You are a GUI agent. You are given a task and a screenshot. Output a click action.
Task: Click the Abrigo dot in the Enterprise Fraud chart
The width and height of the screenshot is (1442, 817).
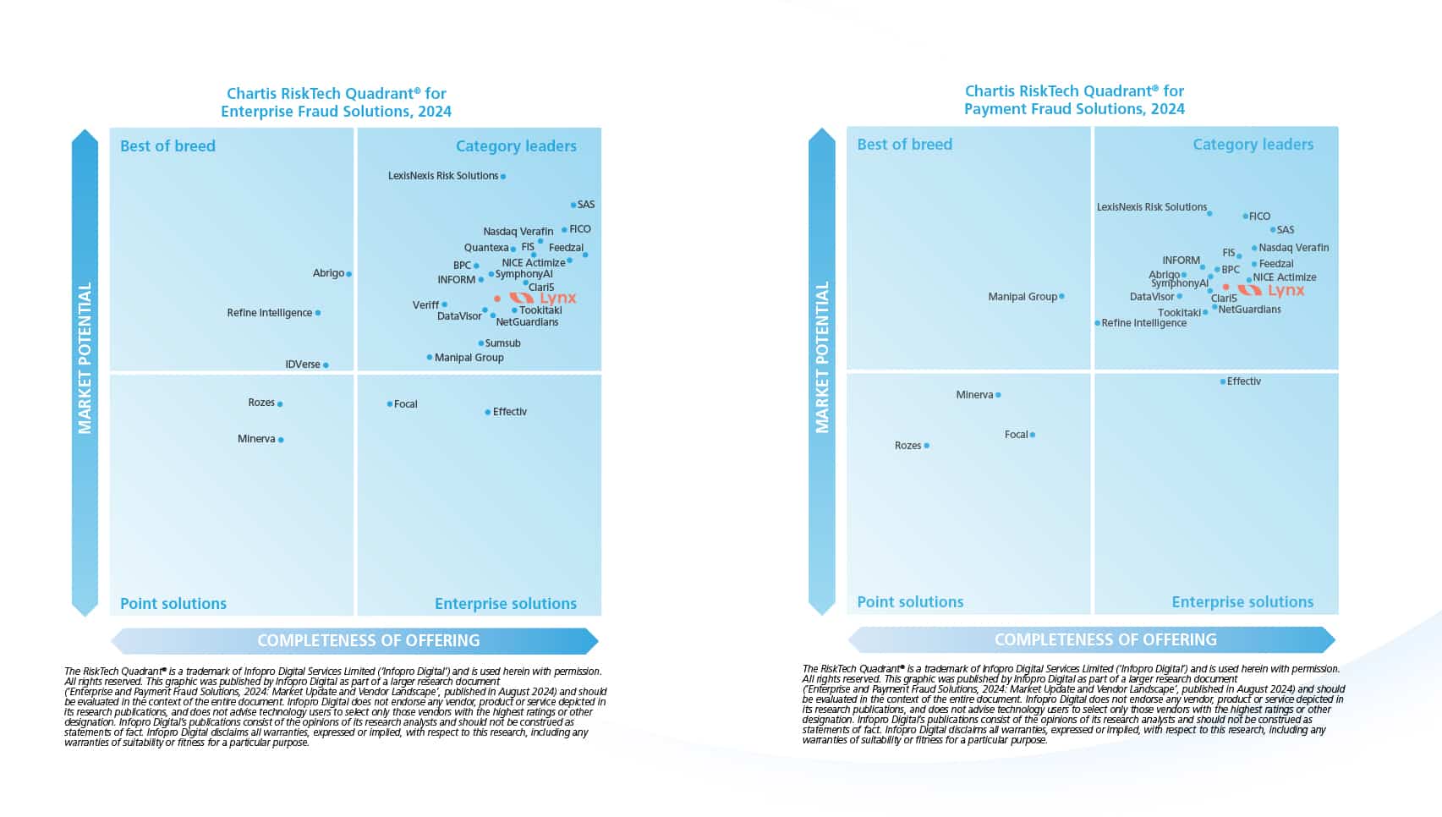[348, 274]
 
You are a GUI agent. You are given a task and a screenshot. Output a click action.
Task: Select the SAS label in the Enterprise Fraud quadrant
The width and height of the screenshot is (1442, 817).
[586, 205]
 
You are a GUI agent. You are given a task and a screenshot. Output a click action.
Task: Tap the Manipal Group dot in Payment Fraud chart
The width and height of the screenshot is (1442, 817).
[1061, 297]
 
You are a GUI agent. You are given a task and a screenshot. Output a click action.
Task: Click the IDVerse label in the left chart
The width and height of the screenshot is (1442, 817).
[303, 365]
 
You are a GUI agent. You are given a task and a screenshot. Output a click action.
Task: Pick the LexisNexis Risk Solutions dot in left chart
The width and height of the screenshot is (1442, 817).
[503, 177]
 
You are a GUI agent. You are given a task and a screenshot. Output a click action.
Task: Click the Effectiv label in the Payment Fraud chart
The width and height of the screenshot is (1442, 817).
[1244, 381]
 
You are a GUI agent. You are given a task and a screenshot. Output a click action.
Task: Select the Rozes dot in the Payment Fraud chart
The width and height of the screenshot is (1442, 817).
[927, 446]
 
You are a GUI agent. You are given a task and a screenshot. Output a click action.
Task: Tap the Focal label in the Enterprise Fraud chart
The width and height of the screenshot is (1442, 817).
[406, 404]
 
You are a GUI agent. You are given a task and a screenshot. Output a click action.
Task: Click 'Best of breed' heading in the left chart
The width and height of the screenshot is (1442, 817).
[167, 146]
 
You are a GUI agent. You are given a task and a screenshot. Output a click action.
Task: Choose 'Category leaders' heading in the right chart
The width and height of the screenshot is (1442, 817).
[1253, 145]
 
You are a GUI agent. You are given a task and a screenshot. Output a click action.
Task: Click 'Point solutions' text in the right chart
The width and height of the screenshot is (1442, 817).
[910, 602]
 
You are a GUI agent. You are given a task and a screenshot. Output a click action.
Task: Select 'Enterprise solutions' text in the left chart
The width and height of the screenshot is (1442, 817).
[505, 604]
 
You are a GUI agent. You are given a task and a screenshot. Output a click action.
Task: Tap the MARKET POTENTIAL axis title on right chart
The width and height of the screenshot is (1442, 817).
[822, 357]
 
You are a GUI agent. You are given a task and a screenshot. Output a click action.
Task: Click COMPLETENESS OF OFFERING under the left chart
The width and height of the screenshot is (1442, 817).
[368, 641]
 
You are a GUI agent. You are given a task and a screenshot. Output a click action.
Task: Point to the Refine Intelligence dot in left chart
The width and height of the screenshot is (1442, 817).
[318, 313]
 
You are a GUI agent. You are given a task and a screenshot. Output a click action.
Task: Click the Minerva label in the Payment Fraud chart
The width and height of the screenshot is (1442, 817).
[974, 395]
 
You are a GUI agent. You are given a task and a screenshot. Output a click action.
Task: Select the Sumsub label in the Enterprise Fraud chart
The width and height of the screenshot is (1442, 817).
[503, 343]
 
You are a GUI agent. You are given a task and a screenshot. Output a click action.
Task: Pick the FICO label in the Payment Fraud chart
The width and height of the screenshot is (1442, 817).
[1259, 217]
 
